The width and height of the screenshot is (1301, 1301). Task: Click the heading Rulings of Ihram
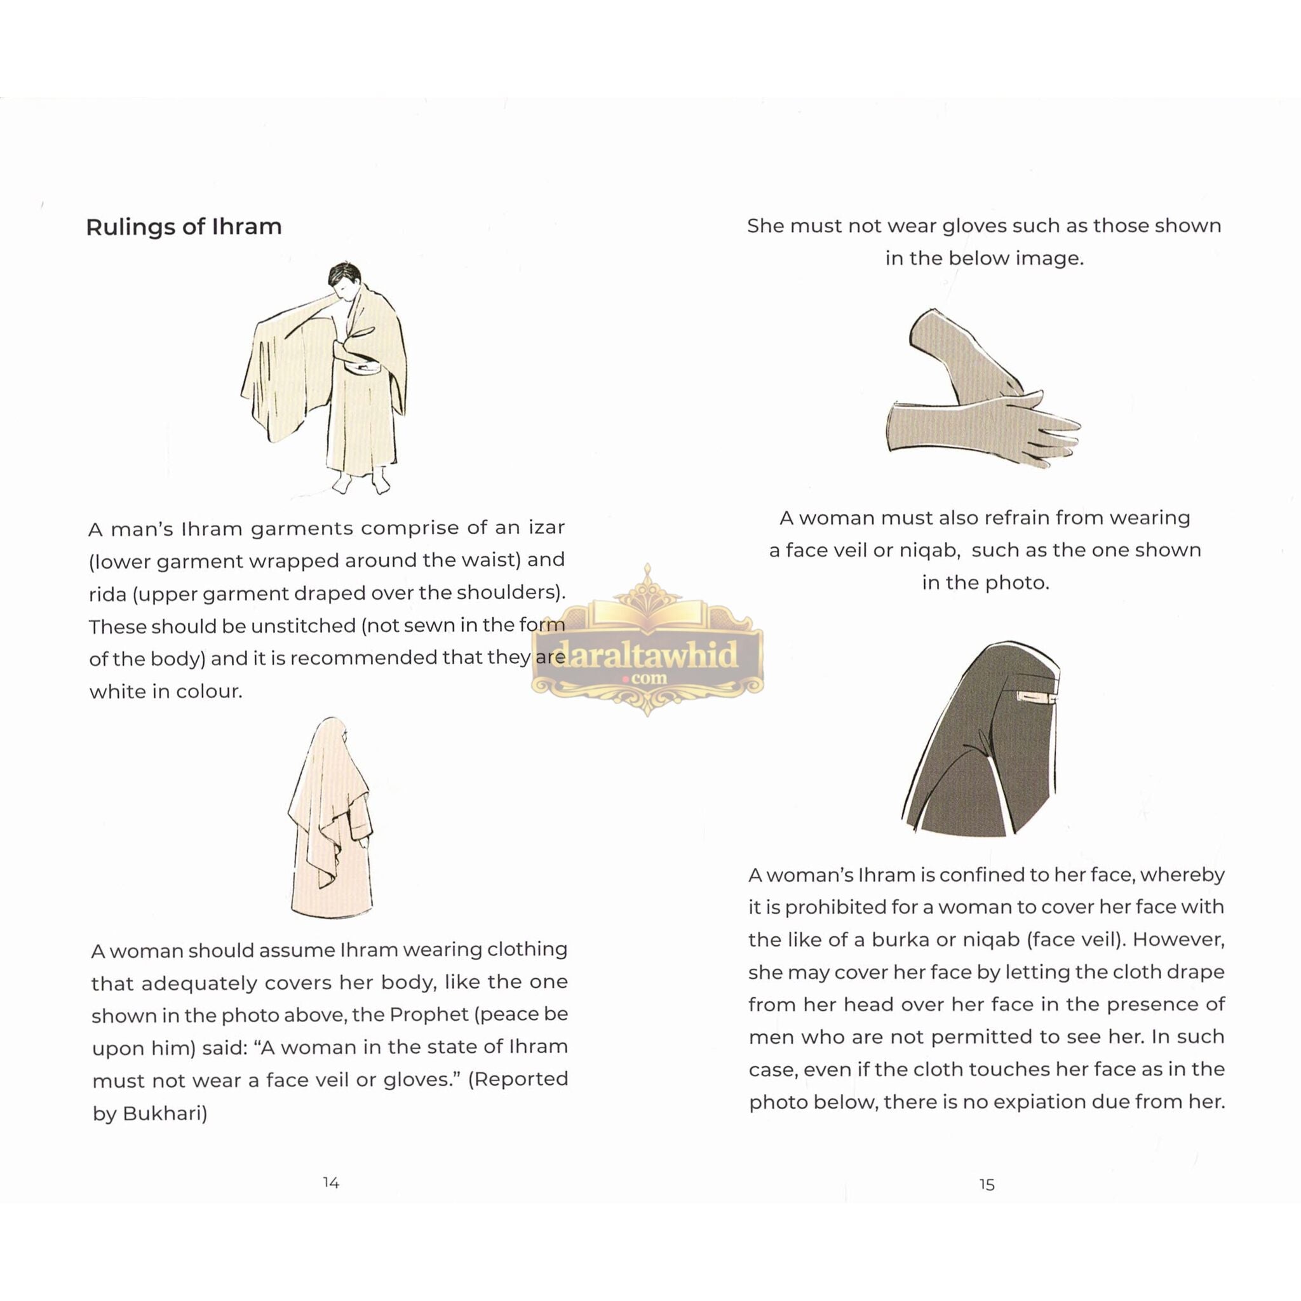(x=183, y=227)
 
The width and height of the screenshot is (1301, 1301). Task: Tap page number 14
(x=330, y=1182)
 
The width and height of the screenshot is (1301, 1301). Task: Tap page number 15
(x=987, y=1185)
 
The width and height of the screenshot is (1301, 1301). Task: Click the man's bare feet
(x=362, y=483)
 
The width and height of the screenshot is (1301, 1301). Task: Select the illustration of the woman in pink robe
(x=330, y=818)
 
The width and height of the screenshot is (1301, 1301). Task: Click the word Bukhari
(x=165, y=1114)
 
